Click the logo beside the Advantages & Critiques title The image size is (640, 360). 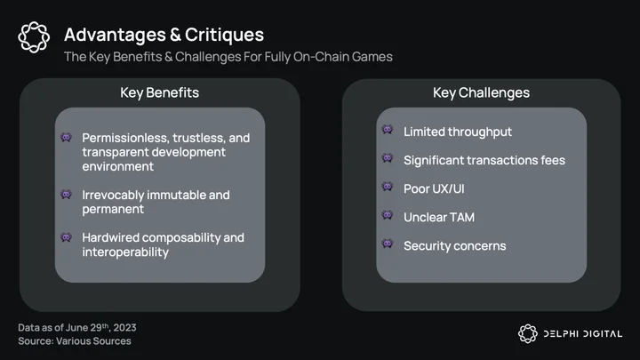[x=34, y=37]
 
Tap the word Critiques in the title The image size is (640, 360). [x=224, y=35]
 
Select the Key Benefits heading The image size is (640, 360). [x=160, y=92]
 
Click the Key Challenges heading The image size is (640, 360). [x=481, y=92]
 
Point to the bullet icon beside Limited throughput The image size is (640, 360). [x=388, y=130]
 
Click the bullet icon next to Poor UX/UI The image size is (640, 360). [x=388, y=187]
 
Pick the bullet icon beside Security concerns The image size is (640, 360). [x=388, y=244]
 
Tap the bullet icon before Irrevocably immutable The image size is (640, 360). [x=66, y=195]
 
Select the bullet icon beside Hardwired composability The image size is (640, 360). [x=66, y=237]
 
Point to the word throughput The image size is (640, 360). [x=480, y=132]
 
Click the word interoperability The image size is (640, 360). [x=125, y=252]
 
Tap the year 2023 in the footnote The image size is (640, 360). [x=125, y=328]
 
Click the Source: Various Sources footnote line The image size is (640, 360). [x=75, y=341]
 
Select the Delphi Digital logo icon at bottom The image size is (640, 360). [x=528, y=333]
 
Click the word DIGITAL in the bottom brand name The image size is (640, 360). [x=603, y=334]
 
